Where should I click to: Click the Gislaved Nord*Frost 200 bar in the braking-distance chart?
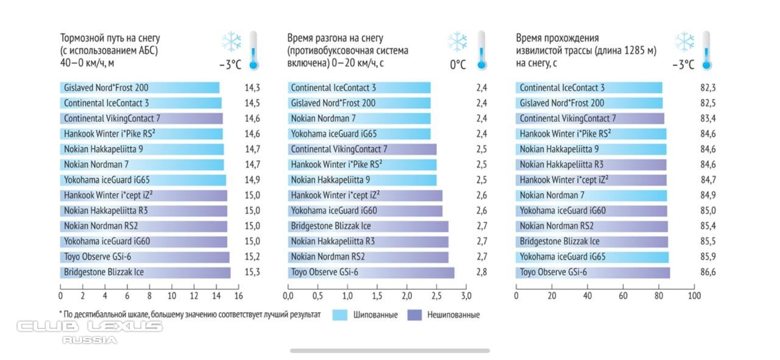pos(140,88)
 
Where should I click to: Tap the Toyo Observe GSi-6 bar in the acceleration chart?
pos(371,272)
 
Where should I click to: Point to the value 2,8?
pos(481,272)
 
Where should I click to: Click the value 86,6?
pos(708,272)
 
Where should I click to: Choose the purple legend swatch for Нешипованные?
pos(415,315)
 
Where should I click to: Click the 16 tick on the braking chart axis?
pos(238,295)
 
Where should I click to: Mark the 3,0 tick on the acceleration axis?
pos(466,295)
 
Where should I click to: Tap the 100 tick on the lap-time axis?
pos(694,295)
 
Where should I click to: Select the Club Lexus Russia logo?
pos(90,331)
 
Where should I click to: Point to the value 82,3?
pos(708,88)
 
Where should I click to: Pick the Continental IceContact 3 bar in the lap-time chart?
pos(589,88)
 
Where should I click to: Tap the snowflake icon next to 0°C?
pos(457,42)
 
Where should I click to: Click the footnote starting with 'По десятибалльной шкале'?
pos(190,315)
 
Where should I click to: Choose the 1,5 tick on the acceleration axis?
pos(377,295)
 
